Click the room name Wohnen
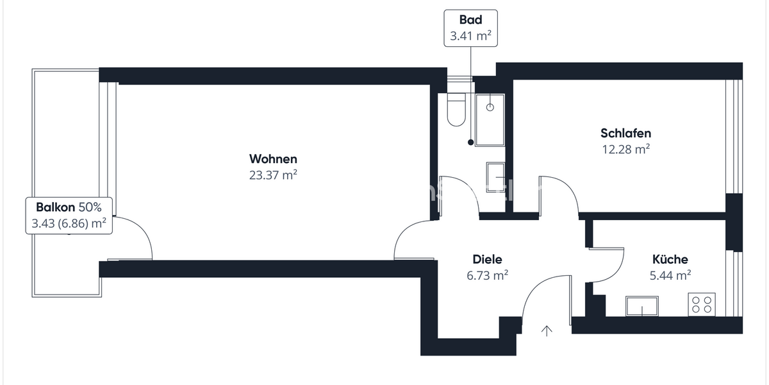(273, 159)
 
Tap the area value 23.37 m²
(273, 175)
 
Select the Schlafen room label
(626, 133)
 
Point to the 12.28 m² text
(626, 149)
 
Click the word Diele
(487, 259)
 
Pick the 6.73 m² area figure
(487, 275)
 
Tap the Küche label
(670, 259)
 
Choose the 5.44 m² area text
(670, 275)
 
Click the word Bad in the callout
(470, 20)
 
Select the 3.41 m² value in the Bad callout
(470, 36)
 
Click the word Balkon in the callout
(55, 207)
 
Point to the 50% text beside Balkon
(90, 207)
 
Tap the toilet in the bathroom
(456, 109)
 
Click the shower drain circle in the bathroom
(490, 107)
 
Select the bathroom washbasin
(496, 178)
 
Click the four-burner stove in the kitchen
(702, 305)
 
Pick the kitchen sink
(642, 306)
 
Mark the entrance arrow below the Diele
(547, 330)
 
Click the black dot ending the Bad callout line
(470, 142)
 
